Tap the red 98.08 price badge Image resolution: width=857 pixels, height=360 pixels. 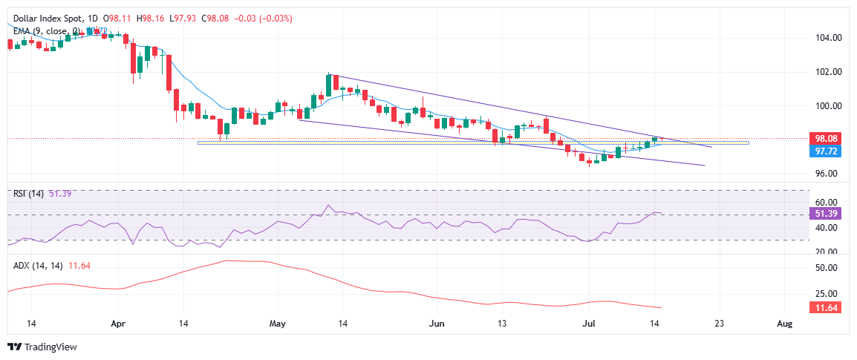tap(825, 138)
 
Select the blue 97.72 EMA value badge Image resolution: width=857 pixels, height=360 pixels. tap(825, 150)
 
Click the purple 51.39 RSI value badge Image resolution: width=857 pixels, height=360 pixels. tap(825, 214)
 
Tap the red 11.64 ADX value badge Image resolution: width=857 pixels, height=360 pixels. tap(825, 307)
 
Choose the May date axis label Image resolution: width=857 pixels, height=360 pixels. tap(278, 324)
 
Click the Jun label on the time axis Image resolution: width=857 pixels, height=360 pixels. tap(437, 324)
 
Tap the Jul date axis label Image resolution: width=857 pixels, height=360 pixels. tap(589, 324)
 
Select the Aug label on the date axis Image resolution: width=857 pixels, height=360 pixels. tap(783, 324)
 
